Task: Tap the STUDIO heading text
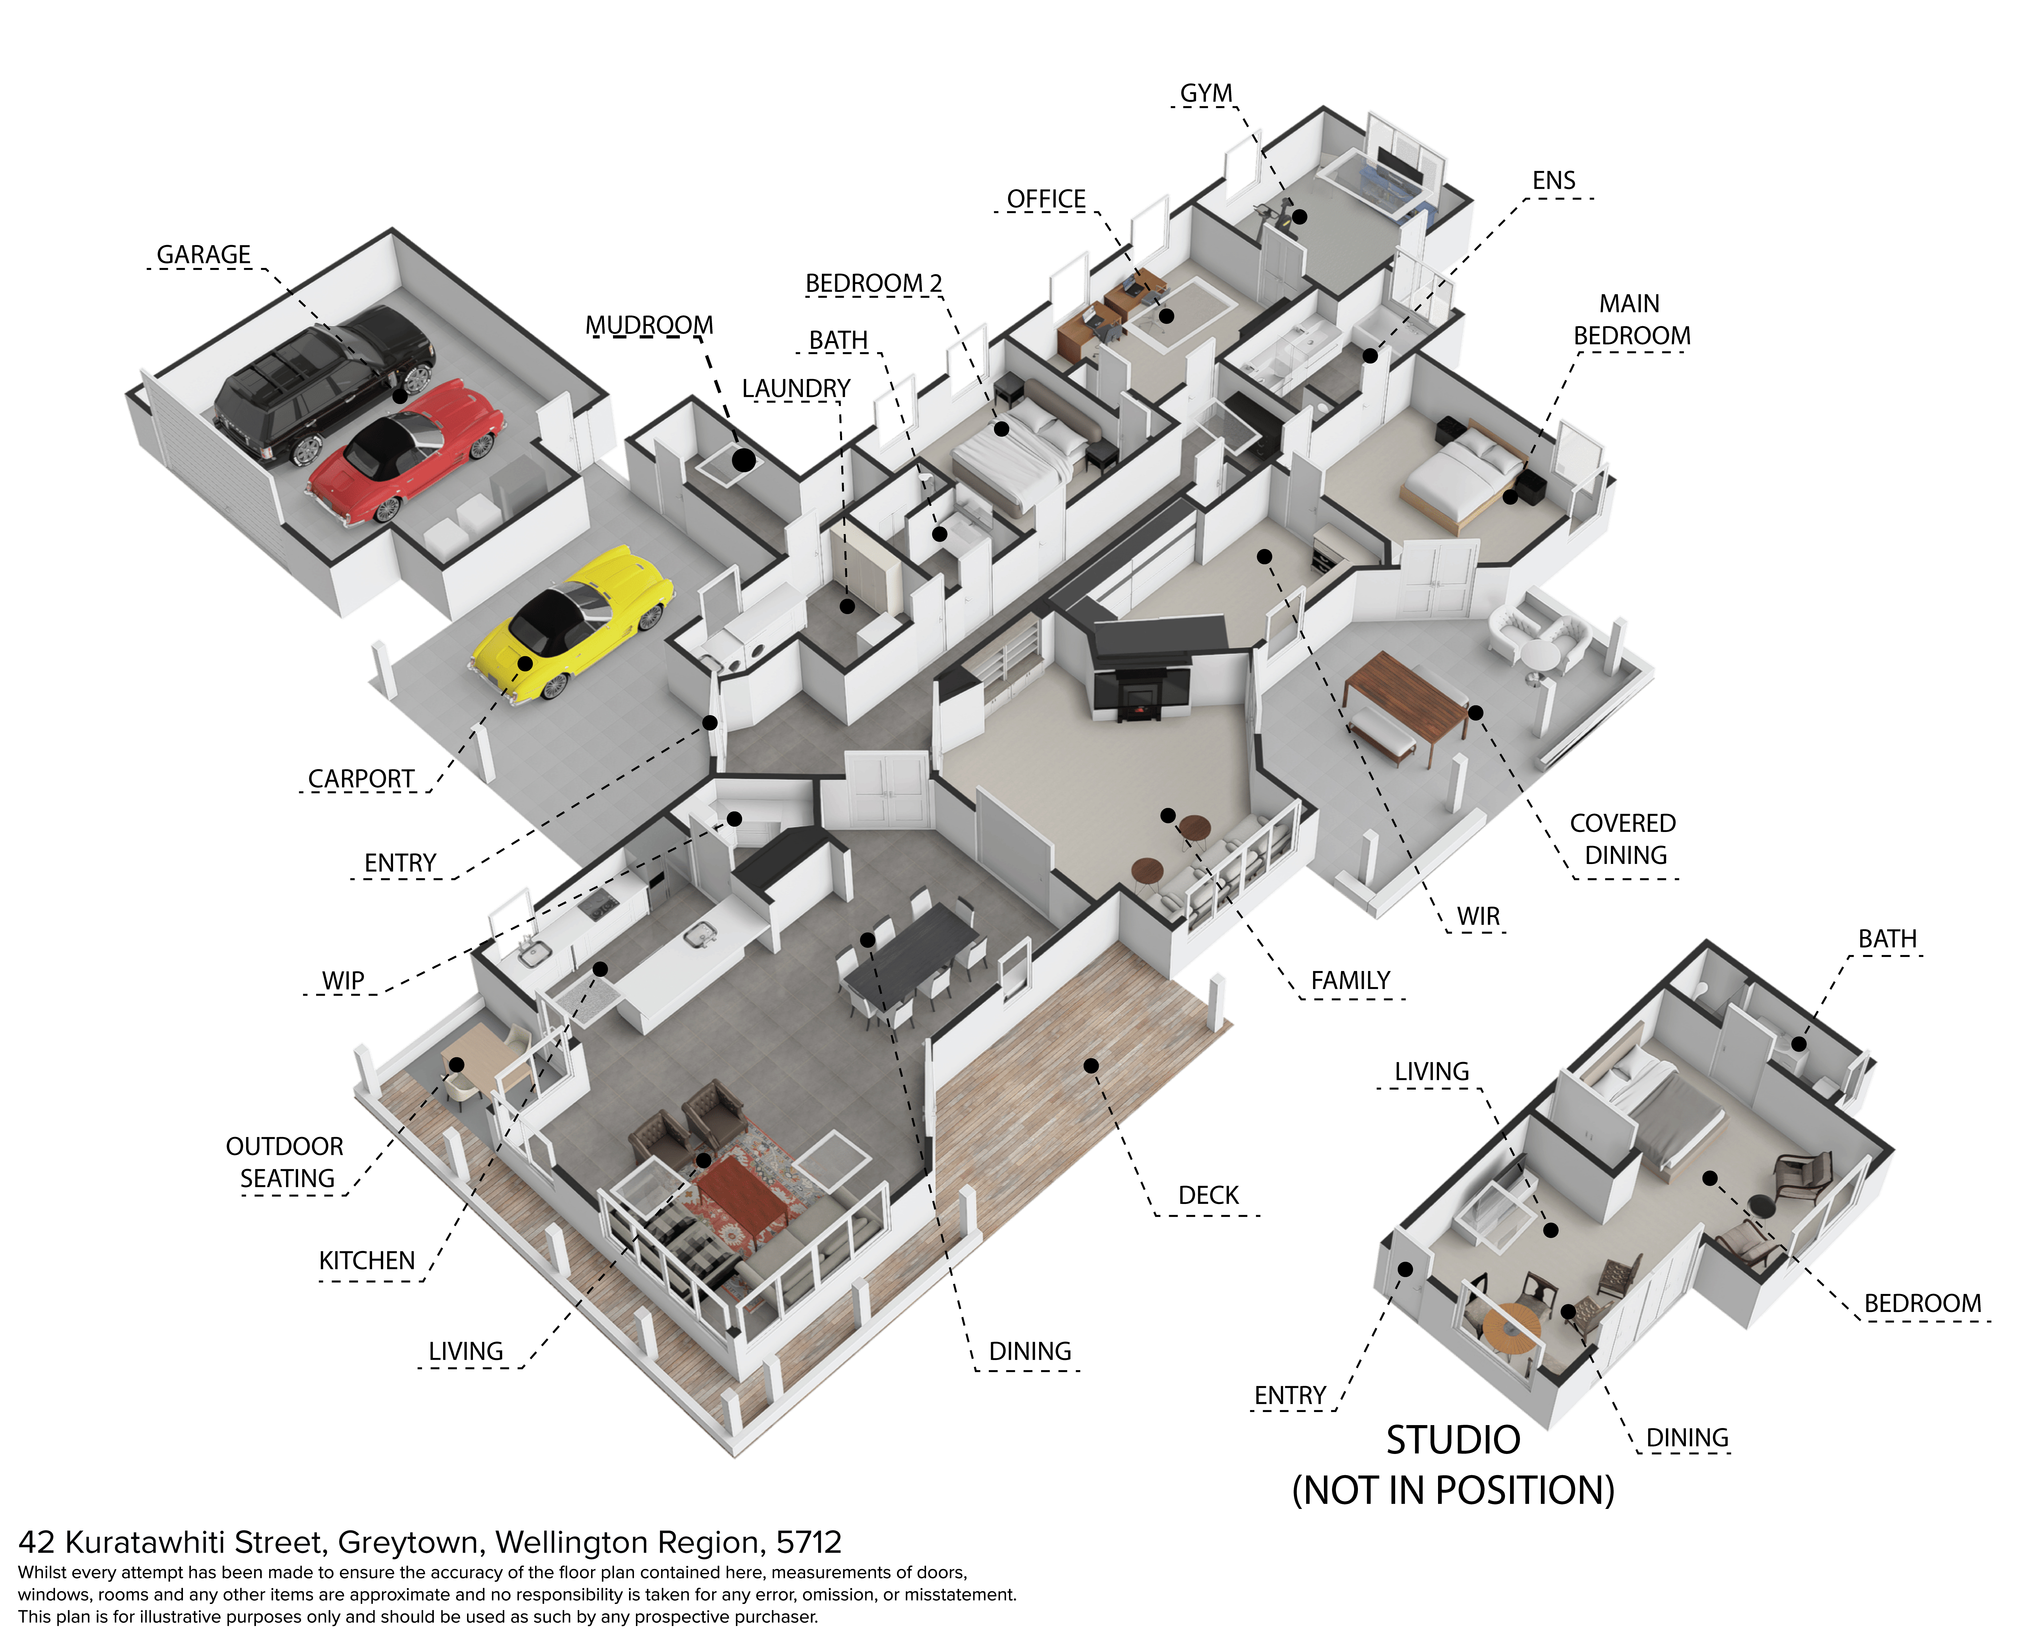[x=1453, y=1440]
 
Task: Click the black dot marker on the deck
[x=1091, y=1065]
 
